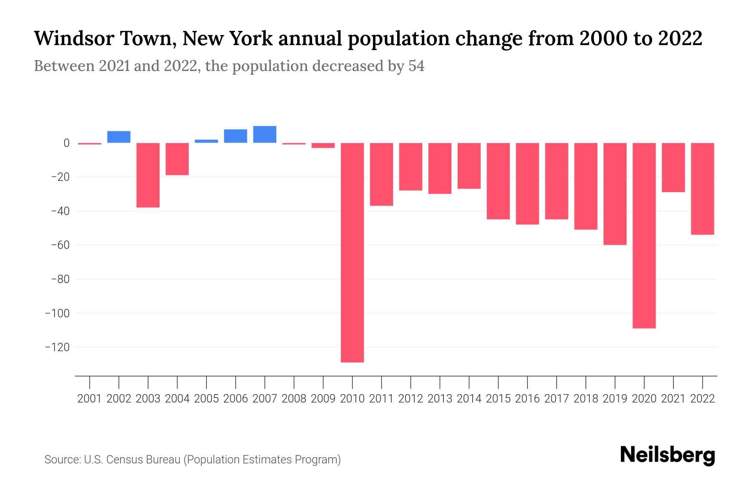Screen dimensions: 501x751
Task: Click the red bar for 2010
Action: (x=353, y=252)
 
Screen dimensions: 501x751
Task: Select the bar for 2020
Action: (x=644, y=235)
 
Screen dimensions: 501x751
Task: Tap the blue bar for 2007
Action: (x=265, y=134)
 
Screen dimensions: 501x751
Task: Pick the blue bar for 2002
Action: (x=119, y=137)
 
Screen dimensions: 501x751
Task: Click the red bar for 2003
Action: (x=148, y=175)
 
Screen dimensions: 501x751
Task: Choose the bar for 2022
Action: (x=703, y=189)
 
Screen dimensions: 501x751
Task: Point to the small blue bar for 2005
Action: (x=207, y=141)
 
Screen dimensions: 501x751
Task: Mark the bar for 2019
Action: (x=615, y=194)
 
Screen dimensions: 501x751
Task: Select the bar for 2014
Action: (x=469, y=166)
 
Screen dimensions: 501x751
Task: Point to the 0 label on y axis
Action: (x=66, y=143)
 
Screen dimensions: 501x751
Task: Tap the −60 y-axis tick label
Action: (x=60, y=245)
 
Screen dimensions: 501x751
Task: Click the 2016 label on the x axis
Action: (x=527, y=399)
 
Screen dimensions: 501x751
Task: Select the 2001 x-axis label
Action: (x=90, y=399)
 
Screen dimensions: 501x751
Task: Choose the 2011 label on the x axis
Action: (x=381, y=399)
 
